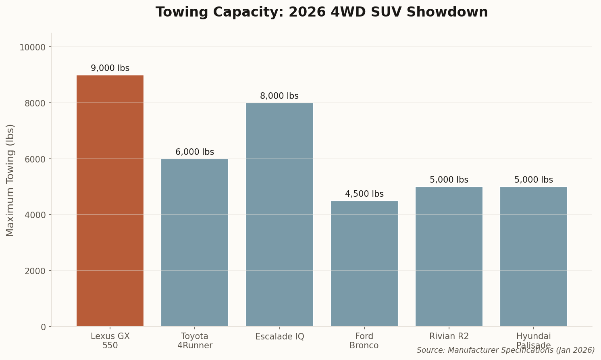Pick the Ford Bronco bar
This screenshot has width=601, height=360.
[x=364, y=264]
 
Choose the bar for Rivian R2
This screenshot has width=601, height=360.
[x=449, y=256]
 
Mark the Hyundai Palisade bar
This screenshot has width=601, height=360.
[x=533, y=256]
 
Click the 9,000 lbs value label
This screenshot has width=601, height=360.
[x=110, y=68]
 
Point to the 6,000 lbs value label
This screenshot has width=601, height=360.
[x=195, y=152]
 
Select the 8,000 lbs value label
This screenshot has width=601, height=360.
[x=279, y=96]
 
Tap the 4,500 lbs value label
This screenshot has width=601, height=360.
[x=364, y=194]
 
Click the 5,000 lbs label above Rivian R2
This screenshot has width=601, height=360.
[x=449, y=180]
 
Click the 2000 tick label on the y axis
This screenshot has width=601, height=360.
[x=35, y=271]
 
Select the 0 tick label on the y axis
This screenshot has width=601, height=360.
[x=43, y=327]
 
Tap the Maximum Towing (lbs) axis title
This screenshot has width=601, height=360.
[x=10, y=180]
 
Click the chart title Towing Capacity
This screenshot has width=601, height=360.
[x=322, y=12]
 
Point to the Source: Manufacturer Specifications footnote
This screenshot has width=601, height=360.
[x=505, y=350]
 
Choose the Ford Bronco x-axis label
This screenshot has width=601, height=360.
[x=364, y=341]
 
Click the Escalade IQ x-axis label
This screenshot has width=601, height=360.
[x=279, y=337]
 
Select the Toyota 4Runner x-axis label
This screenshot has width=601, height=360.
[x=195, y=341]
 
